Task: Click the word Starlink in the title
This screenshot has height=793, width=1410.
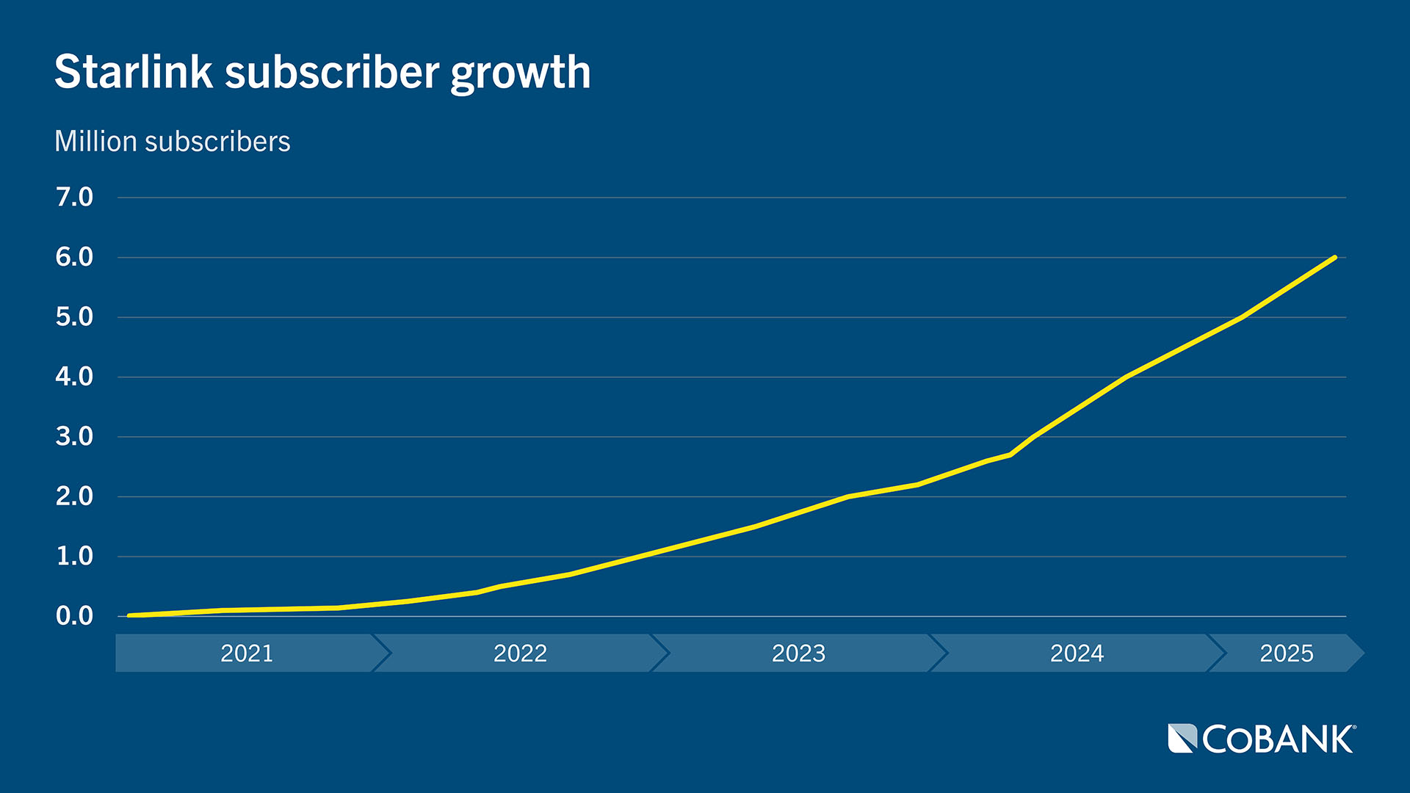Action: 134,72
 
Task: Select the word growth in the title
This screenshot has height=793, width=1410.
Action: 520,73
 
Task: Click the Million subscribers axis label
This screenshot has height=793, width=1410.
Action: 173,141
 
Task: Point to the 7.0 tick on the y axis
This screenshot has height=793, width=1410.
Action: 74,197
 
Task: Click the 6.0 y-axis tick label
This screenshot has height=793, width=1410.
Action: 74,257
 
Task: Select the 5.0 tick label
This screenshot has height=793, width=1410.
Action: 74,317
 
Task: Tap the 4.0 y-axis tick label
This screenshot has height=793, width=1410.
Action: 74,377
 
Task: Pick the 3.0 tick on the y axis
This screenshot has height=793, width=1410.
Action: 74,437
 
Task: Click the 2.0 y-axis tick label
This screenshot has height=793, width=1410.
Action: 74,496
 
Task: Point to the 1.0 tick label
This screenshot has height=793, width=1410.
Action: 74,557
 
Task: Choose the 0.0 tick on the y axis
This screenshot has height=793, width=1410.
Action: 74,616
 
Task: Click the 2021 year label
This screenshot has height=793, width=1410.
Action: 247,653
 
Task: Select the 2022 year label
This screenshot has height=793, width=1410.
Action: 520,653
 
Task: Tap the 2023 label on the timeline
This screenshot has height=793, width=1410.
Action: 798,653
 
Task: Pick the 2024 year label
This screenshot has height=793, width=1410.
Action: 1077,653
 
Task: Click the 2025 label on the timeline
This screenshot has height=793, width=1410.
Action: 1287,653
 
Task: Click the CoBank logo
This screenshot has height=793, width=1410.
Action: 1262,739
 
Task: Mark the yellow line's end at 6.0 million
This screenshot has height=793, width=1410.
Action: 1334,258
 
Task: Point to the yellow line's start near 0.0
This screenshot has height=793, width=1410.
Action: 130,615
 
